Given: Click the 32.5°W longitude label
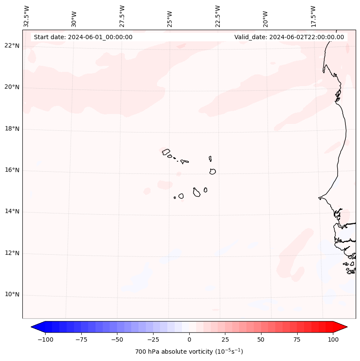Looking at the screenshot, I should (27, 16).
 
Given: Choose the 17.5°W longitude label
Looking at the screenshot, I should (313, 16).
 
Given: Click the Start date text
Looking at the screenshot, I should (83, 37).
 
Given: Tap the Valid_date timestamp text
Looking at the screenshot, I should (289, 37).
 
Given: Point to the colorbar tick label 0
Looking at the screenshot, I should (189, 339).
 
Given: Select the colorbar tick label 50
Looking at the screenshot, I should (261, 339).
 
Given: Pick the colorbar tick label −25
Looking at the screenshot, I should (152, 339).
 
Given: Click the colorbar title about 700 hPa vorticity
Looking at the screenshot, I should (189, 352).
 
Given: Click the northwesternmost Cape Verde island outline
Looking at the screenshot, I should (166, 152).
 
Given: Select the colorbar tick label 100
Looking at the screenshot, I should (333, 339).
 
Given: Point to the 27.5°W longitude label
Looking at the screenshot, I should (122, 16).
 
